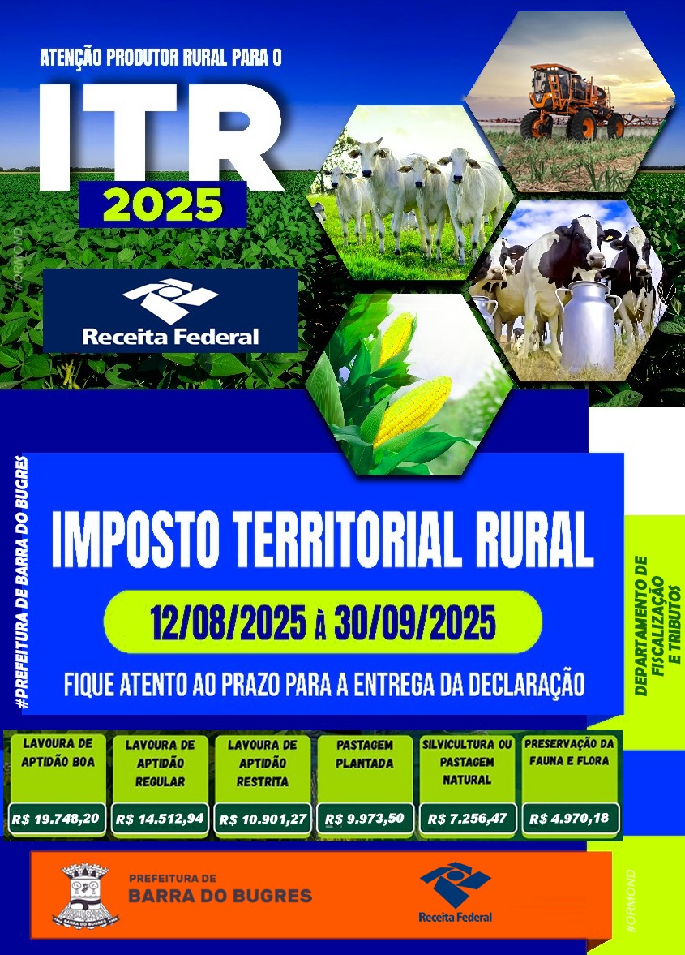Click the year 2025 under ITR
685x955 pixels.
click(x=163, y=204)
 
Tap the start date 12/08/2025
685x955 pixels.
click(x=228, y=622)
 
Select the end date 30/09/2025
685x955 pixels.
click(x=416, y=622)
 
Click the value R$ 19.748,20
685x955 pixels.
click(x=55, y=819)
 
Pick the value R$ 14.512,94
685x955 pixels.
click(x=160, y=819)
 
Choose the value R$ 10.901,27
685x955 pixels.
click(x=262, y=819)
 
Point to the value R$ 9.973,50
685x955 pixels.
click(x=365, y=819)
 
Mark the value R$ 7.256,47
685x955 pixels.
click(x=467, y=819)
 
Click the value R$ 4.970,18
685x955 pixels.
click(x=569, y=818)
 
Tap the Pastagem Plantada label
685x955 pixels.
click(x=365, y=754)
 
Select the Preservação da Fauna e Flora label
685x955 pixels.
click(x=569, y=752)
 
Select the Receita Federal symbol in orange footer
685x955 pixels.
click(x=455, y=884)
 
